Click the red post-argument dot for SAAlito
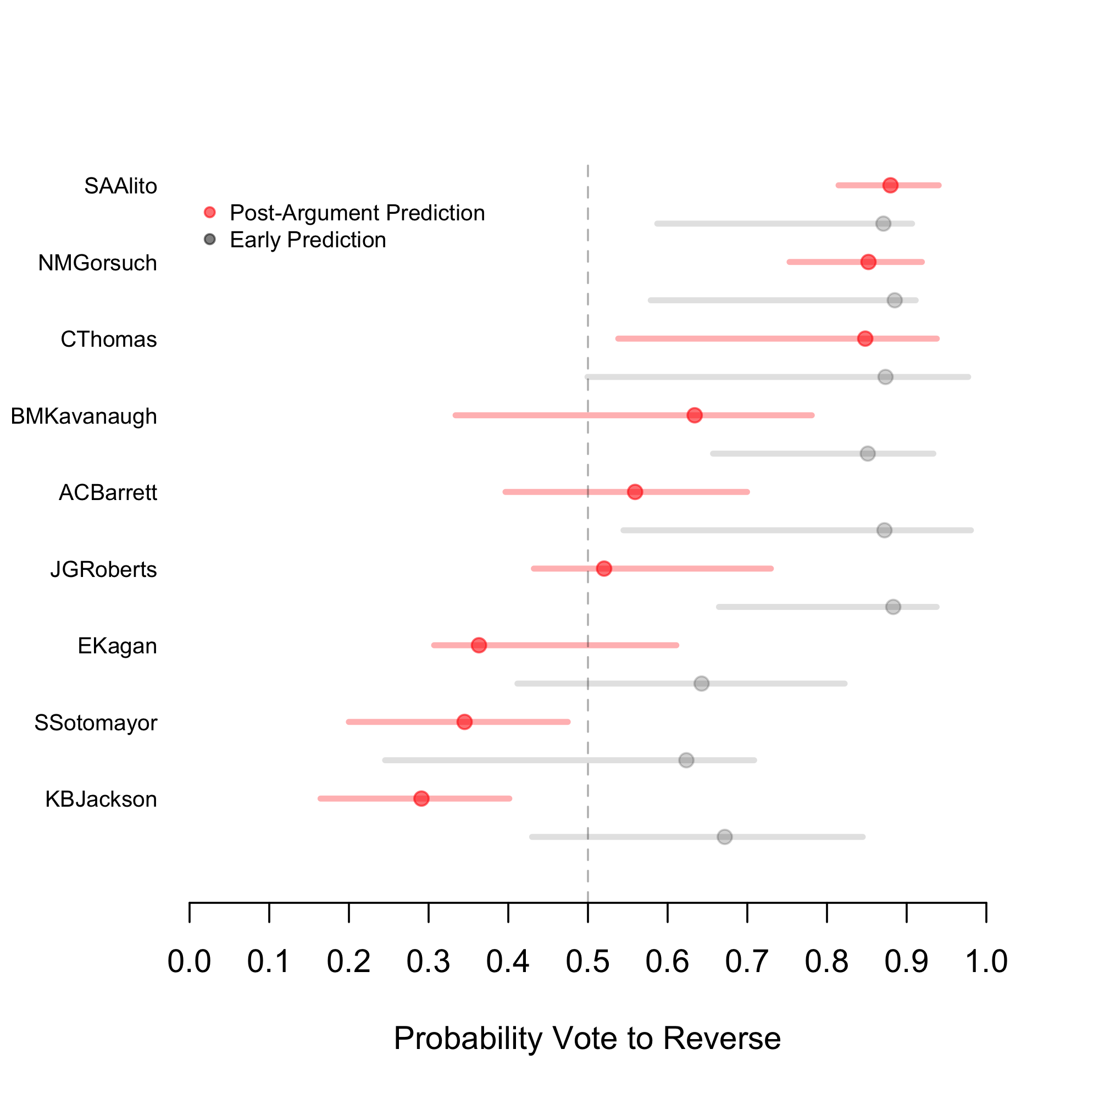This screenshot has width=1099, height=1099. pos(890,185)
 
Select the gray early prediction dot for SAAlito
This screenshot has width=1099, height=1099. pos(883,224)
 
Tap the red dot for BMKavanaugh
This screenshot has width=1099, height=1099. pos(694,415)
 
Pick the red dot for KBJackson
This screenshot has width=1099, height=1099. pos(421,798)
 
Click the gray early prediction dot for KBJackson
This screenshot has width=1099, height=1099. pos(724,837)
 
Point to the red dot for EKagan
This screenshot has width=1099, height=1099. pos(479,645)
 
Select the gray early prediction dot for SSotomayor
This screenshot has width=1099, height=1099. pos(686,761)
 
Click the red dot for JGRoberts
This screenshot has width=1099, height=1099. pos(604,569)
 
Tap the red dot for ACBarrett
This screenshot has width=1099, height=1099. pos(635,492)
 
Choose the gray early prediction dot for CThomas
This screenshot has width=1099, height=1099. pos(885,377)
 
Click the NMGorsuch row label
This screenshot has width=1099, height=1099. pos(97,263)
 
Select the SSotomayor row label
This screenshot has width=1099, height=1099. pos(96,723)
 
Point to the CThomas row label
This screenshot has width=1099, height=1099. pos(109,340)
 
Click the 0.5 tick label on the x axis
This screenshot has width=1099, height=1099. pos(587,961)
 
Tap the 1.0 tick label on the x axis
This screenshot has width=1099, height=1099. pos(986,961)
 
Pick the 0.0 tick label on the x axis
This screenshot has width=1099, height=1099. pos(189,961)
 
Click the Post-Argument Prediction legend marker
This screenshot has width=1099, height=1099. pos(210,213)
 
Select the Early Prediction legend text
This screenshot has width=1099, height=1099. pos(308,240)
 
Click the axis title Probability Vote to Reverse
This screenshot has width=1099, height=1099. pos(587,1038)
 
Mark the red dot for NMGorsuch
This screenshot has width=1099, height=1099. pos(868,262)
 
